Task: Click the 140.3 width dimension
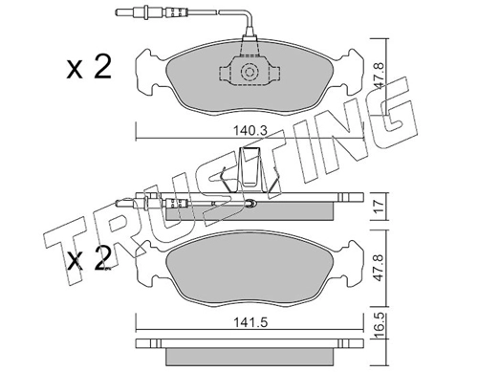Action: pos(250,131)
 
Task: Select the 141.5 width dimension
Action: pos(250,322)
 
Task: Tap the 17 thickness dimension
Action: pos(378,207)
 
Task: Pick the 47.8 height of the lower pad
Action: pos(378,267)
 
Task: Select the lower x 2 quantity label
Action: pos(89,258)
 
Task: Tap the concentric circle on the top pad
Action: pos(249,72)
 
